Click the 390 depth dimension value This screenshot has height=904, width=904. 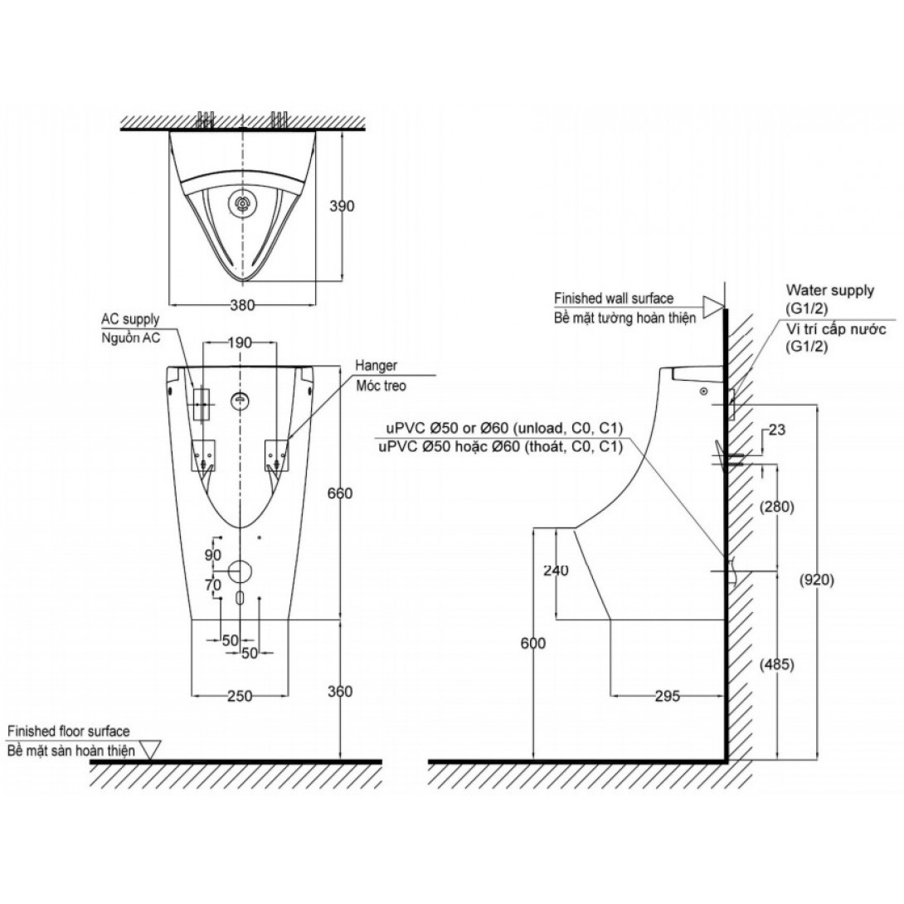(341, 207)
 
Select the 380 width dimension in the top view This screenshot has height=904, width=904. (241, 304)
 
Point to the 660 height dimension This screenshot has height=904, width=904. (340, 493)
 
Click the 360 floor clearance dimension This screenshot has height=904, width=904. (340, 692)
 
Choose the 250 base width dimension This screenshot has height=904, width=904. (240, 697)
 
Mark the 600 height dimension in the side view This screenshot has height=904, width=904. (532, 644)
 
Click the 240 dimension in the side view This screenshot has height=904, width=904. (556, 571)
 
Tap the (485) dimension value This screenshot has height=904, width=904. (777, 664)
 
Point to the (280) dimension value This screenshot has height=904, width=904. (777, 507)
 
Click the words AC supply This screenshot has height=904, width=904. (130, 319)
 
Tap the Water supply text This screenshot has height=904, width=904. (829, 291)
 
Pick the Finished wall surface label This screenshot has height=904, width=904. (613, 298)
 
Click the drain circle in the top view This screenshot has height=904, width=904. (242, 203)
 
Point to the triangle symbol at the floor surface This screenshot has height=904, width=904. (149, 749)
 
